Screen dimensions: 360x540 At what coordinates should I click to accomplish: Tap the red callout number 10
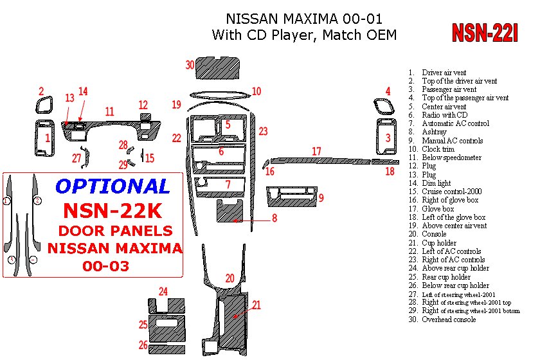256,91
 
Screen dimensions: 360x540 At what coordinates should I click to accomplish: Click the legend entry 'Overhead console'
449,319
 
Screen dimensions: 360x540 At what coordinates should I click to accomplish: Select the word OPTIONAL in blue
113,186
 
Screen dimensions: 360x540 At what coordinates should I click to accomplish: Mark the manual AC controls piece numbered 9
291,195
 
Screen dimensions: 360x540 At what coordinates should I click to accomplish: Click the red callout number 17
316,152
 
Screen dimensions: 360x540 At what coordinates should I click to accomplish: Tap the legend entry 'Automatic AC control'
455,123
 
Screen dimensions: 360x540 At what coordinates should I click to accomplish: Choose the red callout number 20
230,278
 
